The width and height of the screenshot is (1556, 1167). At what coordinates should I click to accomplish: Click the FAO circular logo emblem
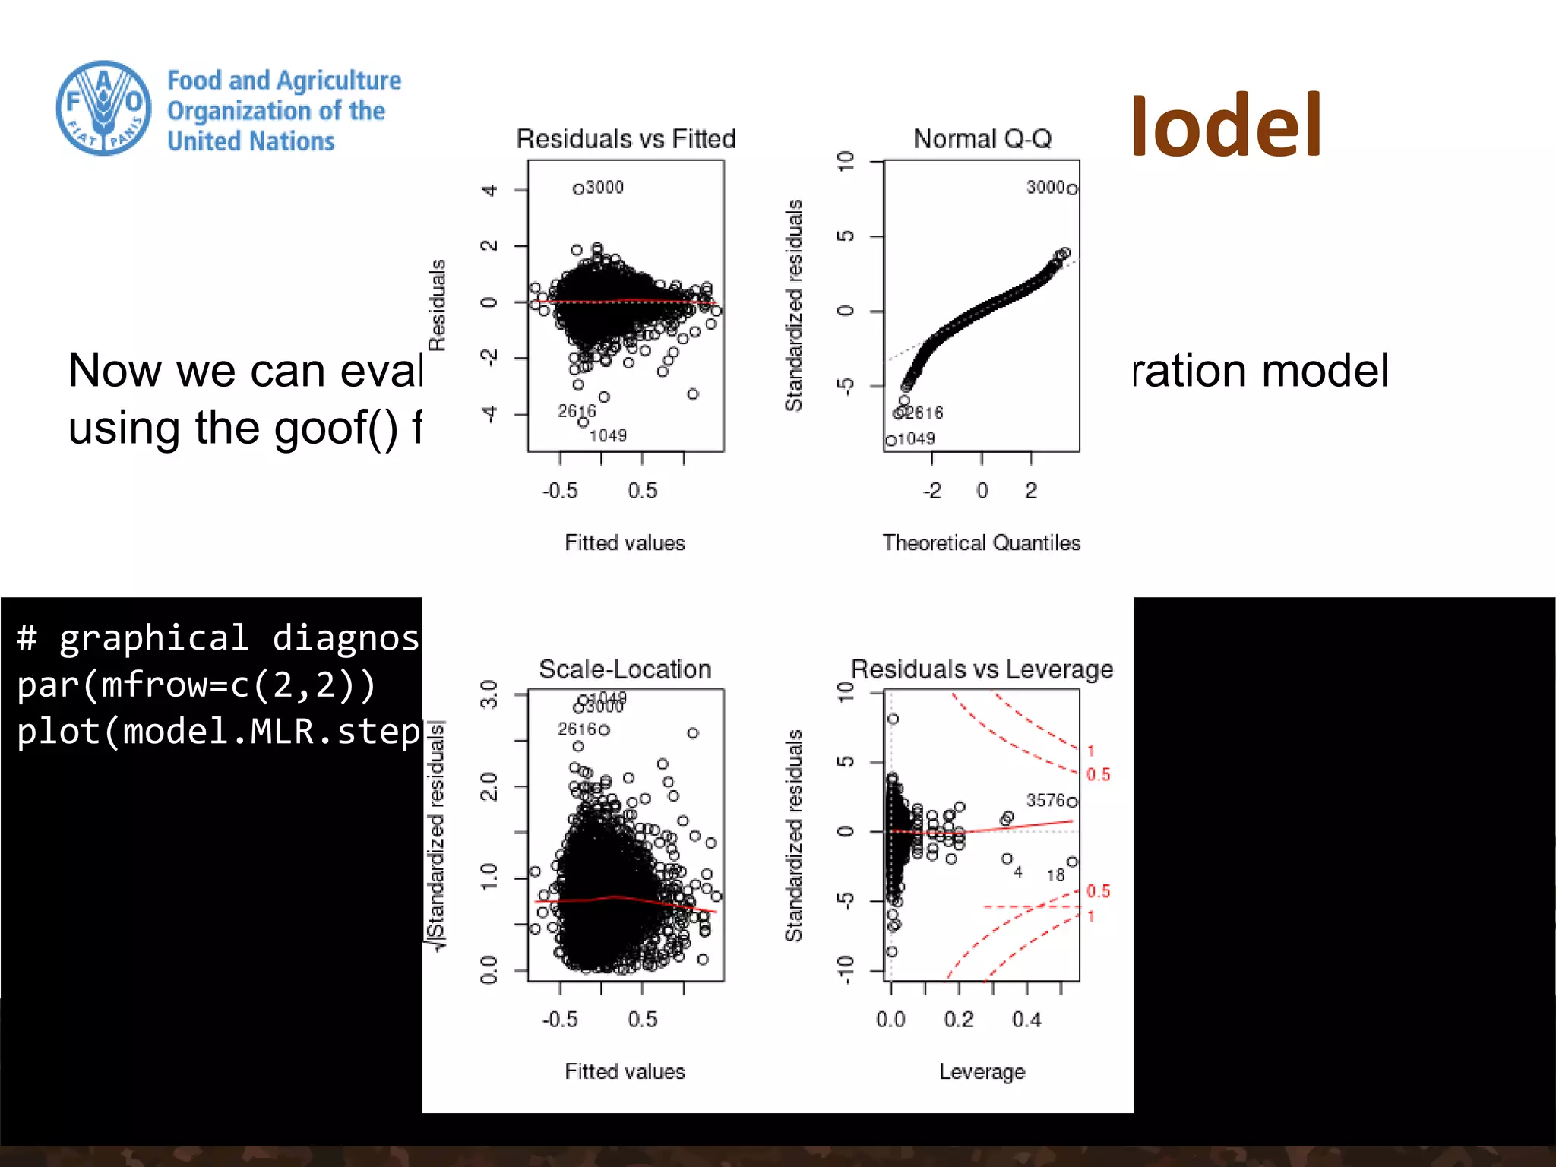[x=104, y=109]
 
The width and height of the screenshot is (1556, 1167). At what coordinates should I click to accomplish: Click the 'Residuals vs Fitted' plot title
[x=626, y=139]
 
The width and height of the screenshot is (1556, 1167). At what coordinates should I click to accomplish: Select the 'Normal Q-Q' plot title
[x=982, y=139]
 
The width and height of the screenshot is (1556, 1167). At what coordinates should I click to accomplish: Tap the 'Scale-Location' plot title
[x=625, y=669]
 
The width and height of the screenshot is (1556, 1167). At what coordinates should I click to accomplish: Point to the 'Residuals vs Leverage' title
[x=982, y=669]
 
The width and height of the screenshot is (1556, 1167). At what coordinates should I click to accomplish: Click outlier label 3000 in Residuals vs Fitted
[x=605, y=188]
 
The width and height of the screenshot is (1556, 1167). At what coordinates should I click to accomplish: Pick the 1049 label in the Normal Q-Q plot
[x=916, y=439]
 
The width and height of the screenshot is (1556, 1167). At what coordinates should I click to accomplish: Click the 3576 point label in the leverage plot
[x=1045, y=801]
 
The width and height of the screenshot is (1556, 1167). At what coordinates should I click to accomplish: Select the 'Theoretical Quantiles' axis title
[x=981, y=542]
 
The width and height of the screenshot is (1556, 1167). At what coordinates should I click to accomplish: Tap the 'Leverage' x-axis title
[x=982, y=1071]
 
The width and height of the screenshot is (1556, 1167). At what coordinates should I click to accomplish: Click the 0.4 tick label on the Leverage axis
[x=1026, y=1020]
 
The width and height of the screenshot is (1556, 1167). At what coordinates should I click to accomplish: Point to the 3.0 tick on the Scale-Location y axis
[x=489, y=694]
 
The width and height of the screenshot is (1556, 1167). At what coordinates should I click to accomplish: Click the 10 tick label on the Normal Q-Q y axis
[x=846, y=161]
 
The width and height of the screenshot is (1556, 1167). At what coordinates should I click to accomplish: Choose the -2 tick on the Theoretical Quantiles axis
[x=932, y=491]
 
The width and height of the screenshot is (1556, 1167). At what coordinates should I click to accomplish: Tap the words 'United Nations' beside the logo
[x=251, y=141]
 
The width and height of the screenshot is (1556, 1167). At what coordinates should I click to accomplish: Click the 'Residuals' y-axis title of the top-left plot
[x=437, y=305]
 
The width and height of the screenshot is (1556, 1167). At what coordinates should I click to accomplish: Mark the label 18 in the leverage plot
[x=1055, y=875]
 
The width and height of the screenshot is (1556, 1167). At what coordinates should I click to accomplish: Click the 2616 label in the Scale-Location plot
[x=577, y=729]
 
